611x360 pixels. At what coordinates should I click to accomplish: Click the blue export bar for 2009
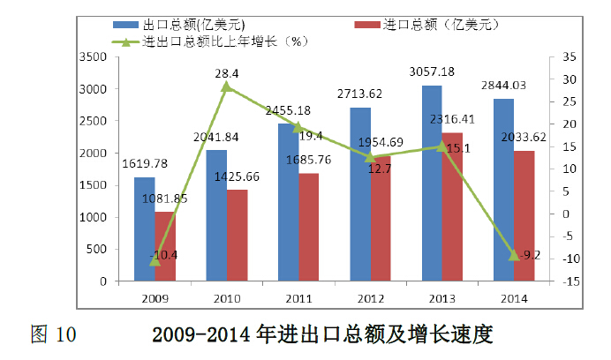coord(144,229)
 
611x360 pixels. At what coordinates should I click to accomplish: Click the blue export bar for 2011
coord(288,203)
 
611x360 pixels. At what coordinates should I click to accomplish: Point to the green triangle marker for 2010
coord(227,86)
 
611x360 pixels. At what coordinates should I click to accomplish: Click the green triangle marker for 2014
coord(514,255)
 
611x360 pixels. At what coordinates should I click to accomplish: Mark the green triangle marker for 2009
coord(155,260)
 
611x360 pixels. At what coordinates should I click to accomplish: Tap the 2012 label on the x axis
coord(370,298)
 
